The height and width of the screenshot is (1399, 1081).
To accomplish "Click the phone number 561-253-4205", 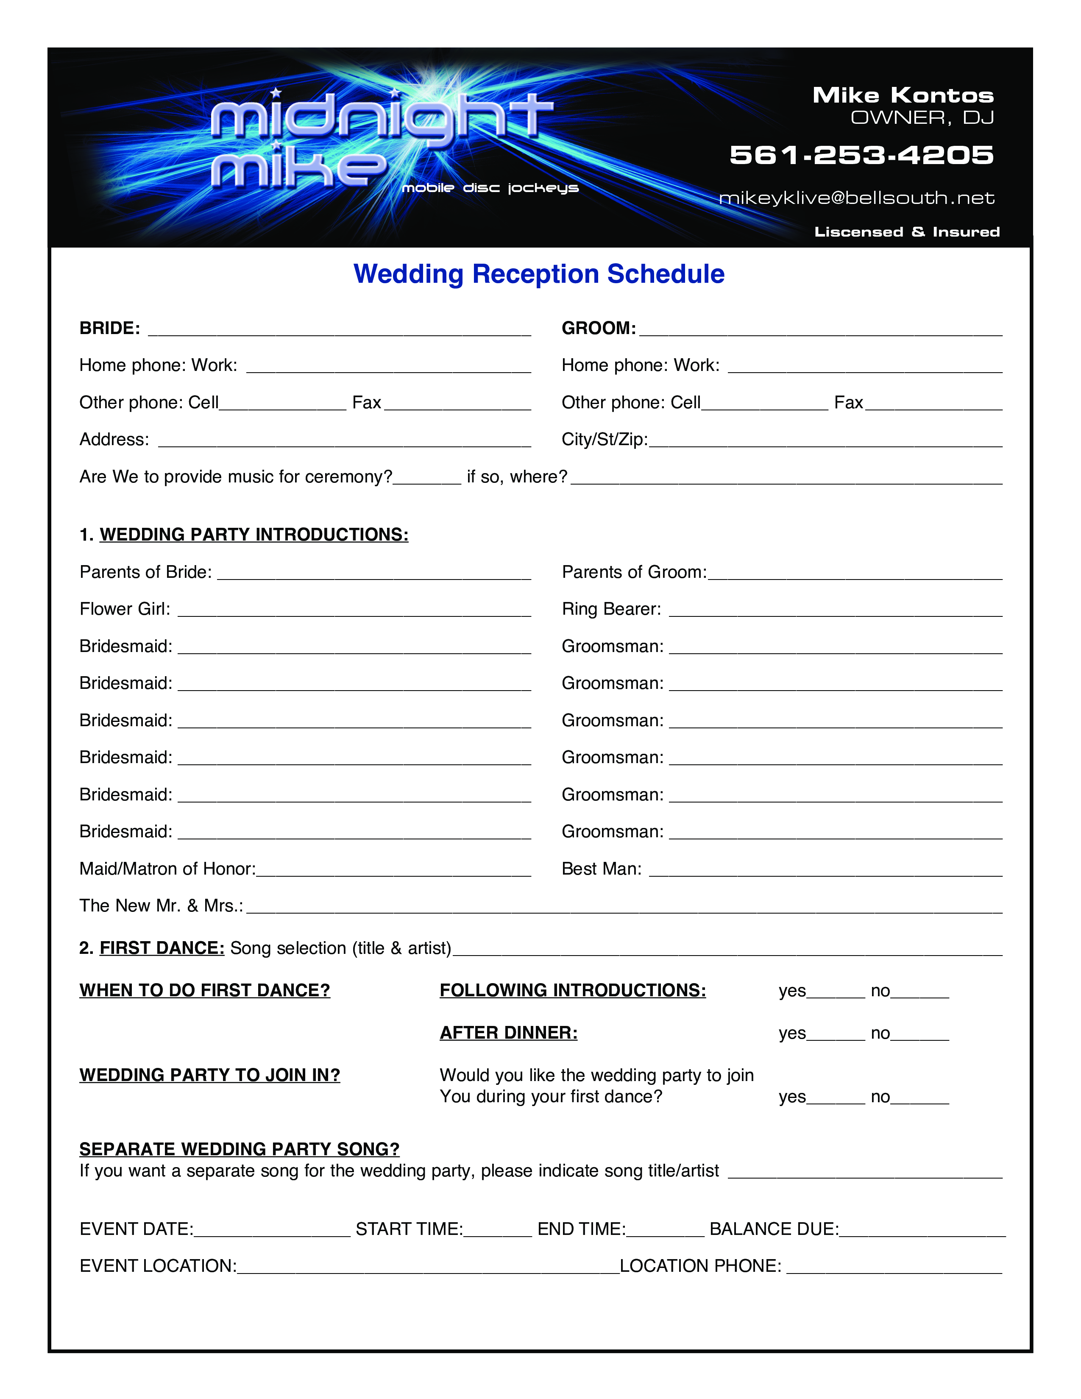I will pyautogui.click(x=861, y=155).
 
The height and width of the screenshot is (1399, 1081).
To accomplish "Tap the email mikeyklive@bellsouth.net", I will pyautogui.click(x=856, y=198).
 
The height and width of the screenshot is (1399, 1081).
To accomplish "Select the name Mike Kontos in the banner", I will pyautogui.click(x=903, y=95).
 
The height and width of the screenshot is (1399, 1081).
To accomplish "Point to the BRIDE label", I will pyautogui.click(x=109, y=329).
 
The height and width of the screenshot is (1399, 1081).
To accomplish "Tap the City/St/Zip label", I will pyautogui.click(x=604, y=440).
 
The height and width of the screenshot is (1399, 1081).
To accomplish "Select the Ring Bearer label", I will pyautogui.click(x=611, y=609).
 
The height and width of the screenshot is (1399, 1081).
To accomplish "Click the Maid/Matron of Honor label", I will pyautogui.click(x=167, y=869).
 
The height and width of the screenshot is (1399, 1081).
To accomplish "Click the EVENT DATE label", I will pyautogui.click(x=136, y=1229).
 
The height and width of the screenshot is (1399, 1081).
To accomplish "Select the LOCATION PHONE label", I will pyautogui.click(x=700, y=1266).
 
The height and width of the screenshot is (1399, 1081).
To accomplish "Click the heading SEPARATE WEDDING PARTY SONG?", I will pyautogui.click(x=240, y=1149).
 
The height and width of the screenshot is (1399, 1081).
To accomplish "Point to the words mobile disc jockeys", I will pyautogui.click(x=490, y=188).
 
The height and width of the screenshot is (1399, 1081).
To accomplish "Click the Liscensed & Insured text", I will pyautogui.click(x=907, y=232).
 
